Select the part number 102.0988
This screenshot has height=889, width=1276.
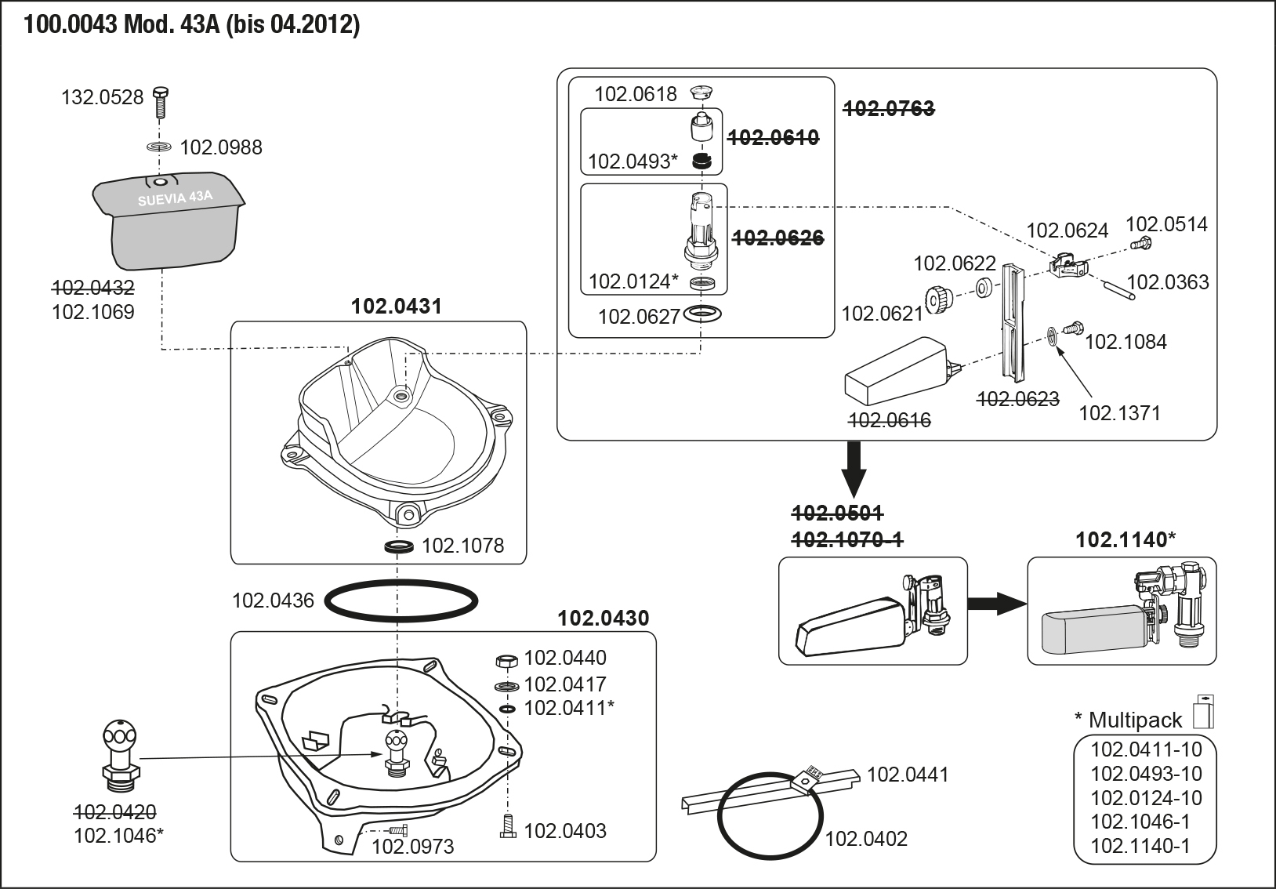(x=221, y=147)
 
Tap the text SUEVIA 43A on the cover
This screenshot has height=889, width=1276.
(x=175, y=198)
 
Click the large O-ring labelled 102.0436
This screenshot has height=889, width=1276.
(x=401, y=601)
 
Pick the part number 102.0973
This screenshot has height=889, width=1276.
(x=412, y=847)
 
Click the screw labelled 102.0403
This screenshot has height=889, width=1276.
(x=508, y=826)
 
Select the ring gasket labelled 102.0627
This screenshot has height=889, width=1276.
(x=703, y=315)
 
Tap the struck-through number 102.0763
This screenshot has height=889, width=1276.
(x=888, y=109)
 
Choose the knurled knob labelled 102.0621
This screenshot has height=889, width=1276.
(x=937, y=299)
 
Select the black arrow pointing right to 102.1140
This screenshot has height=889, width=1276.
(x=995, y=604)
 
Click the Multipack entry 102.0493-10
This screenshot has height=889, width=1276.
(x=1146, y=774)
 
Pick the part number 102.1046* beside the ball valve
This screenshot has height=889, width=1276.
(x=118, y=836)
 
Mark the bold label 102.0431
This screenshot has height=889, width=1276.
(x=397, y=306)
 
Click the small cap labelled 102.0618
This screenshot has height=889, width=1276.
(x=699, y=94)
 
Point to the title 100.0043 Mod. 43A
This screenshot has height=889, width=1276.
(x=192, y=26)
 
